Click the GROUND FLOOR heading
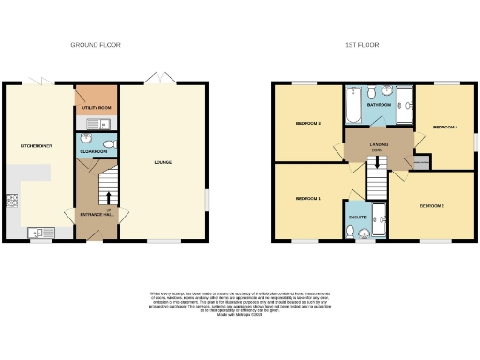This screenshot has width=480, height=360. [x=96, y=45]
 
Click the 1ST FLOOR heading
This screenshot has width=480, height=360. [x=361, y=45]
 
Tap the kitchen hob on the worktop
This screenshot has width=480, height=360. [x=12, y=199]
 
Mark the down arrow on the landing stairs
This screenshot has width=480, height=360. [x=377, y=161]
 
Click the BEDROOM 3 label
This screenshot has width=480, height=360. [x=309, y=123]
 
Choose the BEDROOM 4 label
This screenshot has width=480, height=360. [x=444, y=127]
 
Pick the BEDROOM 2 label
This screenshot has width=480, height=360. [x=430, y=204]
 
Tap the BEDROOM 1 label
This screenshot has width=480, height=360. [x=307, y=199]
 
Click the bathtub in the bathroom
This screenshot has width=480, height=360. [x=354, y=107]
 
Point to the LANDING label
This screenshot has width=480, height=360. [x=379, y=144]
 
